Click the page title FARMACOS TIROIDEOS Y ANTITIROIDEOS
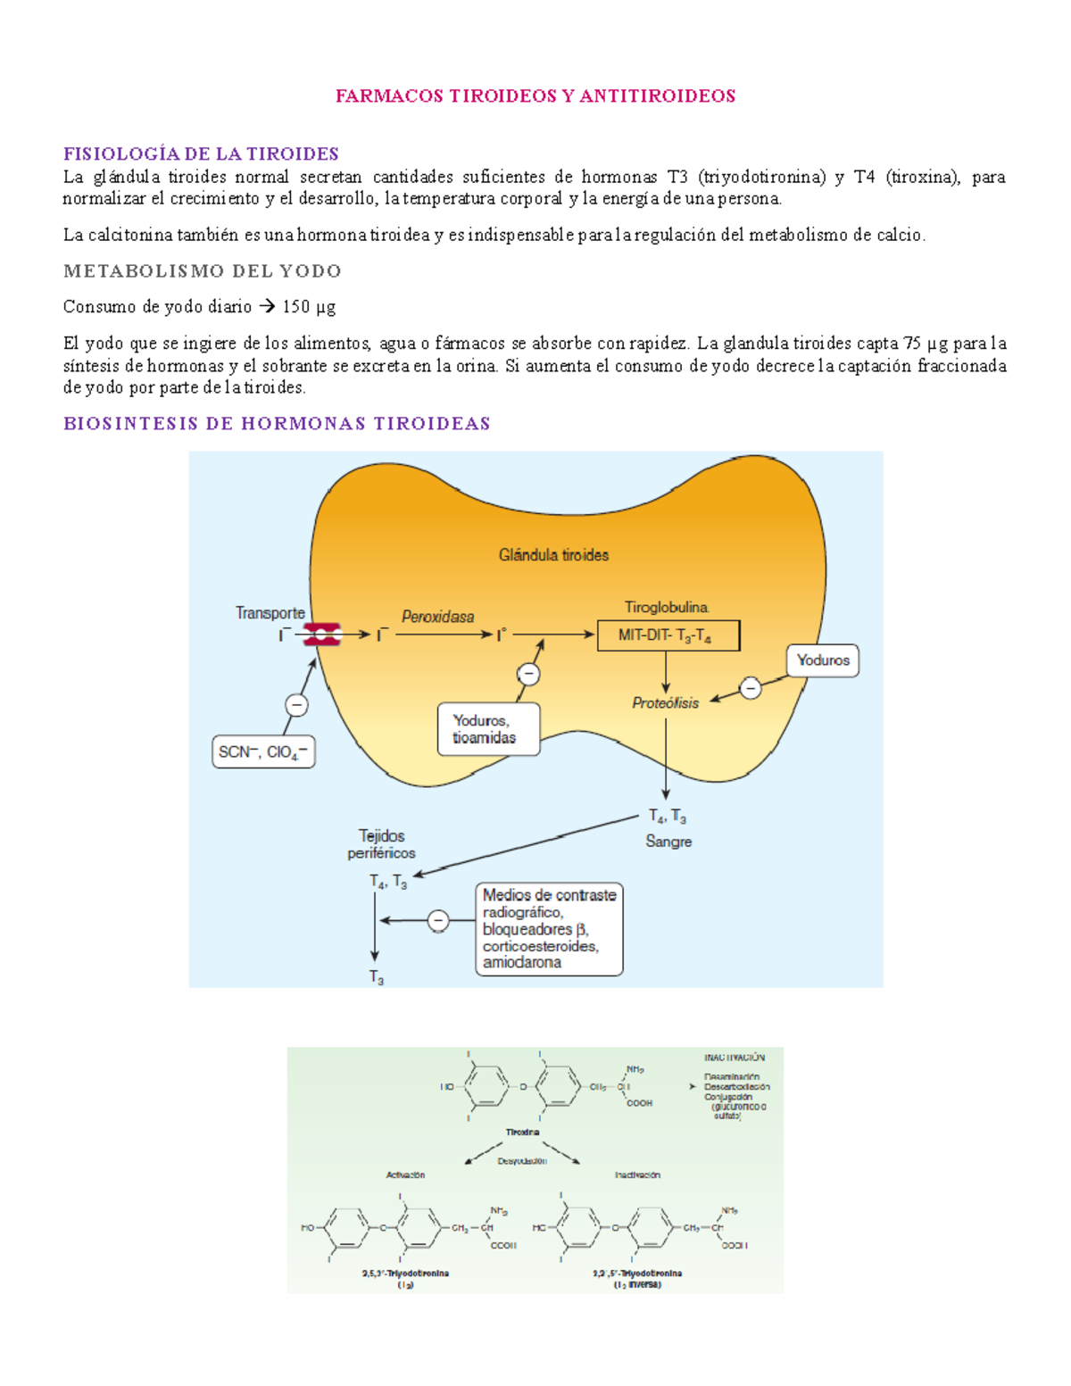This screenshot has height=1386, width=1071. [x=535, y=96]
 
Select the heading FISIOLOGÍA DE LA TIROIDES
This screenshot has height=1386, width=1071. [x=201, y=154]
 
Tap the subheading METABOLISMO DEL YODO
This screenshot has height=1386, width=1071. [x=203, y=270]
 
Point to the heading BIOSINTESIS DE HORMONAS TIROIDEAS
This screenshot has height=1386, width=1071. [x=277, y=423]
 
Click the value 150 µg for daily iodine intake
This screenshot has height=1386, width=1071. [x=309, y=307]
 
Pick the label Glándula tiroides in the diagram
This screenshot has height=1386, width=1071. [x=553, y=555]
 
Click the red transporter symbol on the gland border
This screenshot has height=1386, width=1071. [x=321, y=635]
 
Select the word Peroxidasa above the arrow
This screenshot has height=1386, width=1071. [x=437, y=617]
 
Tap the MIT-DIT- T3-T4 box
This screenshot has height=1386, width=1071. [x=668, y=635]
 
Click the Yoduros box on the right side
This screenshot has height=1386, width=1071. [x=822, y=660]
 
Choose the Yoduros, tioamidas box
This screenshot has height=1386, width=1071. [x=488, y=729]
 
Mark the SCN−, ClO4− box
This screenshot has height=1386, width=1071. [x=263, y=751]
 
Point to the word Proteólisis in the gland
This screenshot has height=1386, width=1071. [x=665, y=703]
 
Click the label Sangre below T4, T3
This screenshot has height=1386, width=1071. [x=668, y=842]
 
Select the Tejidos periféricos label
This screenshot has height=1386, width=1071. [x=381, y=844]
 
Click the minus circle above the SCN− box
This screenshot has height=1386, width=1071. [x=296, y=705]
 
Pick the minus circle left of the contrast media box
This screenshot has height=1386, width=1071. [x=437, y=920]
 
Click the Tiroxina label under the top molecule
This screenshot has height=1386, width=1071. [x=522, y=1132]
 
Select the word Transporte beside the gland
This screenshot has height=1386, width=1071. [x=270, y=613]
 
